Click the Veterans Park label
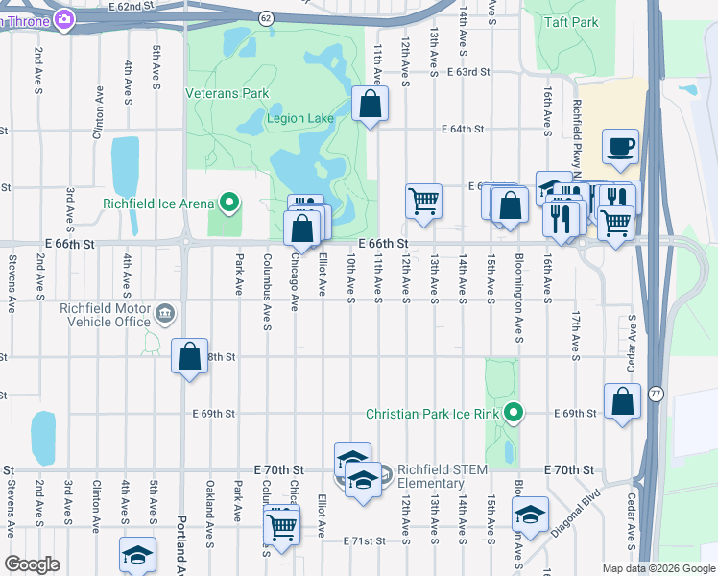(x=227, y=94)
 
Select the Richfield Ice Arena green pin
(x=229, y=203)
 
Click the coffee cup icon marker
(x=620, y=147)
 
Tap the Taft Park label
(x=572, y=22)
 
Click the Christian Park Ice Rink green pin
(x=515, y=414)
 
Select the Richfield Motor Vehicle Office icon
(x=165, y=313)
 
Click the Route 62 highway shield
(x=266, y=18)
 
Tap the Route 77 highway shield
(x=656, y=394)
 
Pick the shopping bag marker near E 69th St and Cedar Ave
(x=622, y=401)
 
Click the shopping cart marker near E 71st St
(x=282, y=524)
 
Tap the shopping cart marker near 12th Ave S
(x=423, y=202)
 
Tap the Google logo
(x=33, y=564)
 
